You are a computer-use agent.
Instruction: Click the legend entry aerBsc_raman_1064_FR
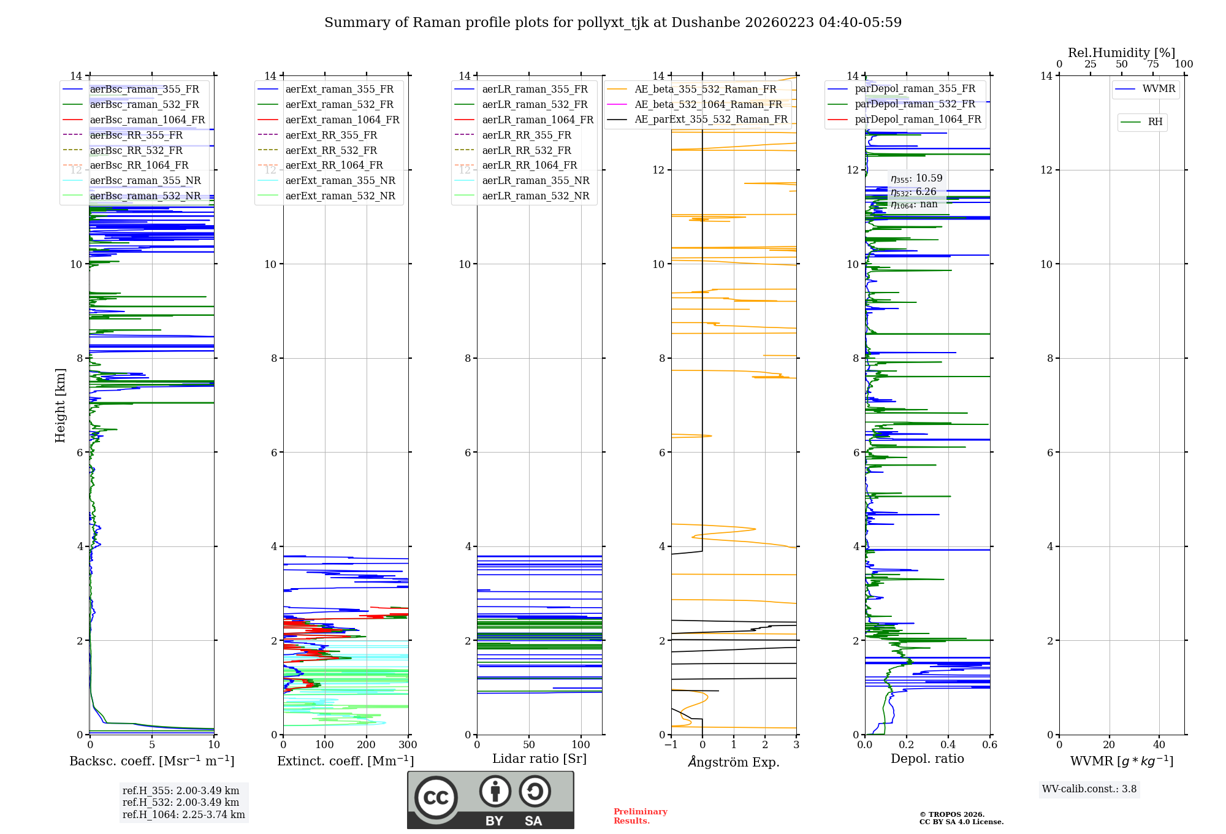[x=147, y=120]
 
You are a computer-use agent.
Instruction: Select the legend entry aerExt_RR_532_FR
[x=331, y=150]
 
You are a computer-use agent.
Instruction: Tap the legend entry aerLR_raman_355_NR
[x=535, y=180]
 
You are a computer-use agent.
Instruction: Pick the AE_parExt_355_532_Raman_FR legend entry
[x=710, y=119]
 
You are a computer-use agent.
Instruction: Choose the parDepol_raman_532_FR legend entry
[x=915, y=104]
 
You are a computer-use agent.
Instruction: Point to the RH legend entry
[x=1155, y=122]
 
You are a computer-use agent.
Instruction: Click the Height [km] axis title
[x=60, y=405]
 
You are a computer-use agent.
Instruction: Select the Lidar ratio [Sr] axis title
[x=539, y=759]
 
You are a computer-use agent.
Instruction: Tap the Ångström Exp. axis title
[x=734, y=762]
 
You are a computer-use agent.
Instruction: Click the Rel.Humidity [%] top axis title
[x=1121, y=53]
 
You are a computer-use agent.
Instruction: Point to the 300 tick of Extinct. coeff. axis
[x=408, y=745]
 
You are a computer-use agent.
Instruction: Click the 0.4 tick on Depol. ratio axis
[x=948, y=745]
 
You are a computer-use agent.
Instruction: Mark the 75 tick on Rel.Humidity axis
[x=1153, y=64]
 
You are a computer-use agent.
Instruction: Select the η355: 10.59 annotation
[x=916, y=178]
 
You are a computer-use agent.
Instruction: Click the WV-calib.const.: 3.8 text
[x=1089, y=789]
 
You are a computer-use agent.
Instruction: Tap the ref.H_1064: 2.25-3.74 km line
[x=183, y=815]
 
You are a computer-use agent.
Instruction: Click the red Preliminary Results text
[x=640, y=816]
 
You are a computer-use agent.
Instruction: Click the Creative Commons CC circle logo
[x=436, y=797]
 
